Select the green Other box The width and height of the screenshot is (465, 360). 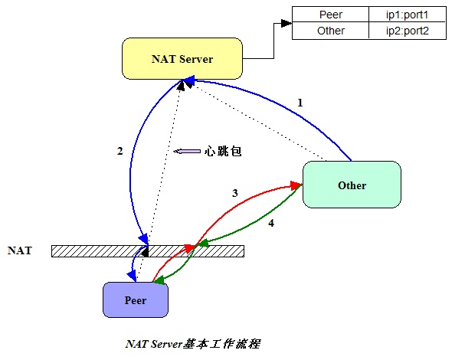[x=352, y=185]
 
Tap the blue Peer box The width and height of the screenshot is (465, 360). [x=136, y=300]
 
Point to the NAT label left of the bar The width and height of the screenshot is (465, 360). [x=20, y=250]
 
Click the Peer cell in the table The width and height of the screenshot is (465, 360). [x=331, y=15]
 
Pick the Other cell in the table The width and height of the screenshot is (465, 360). [x=331, y=31]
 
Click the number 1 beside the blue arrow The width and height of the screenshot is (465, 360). [x=300, y=102]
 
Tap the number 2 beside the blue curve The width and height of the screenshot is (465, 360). [x=120, y=151]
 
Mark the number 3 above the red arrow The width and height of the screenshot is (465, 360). [x=235, y=192]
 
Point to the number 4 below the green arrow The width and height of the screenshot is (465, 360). [x=271, y=224]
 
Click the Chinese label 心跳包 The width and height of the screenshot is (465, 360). [x=223, y=152]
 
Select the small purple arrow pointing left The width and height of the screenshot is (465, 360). [x=187, y=152]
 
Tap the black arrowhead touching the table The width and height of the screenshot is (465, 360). [x=287, y=23]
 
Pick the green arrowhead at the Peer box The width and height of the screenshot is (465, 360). [x=157, y=281]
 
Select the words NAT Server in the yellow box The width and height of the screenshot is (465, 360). [x=182, y=59]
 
